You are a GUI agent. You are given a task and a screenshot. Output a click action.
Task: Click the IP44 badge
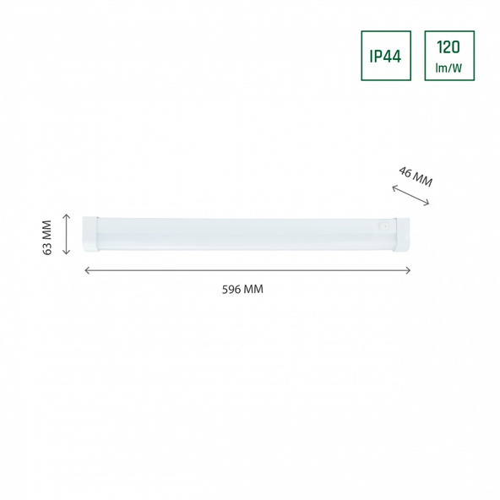(x=386, y=56)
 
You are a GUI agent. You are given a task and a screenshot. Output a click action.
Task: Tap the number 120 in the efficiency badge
(x=449, y=47)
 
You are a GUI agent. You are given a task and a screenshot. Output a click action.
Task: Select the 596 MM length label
(x=242, y=289)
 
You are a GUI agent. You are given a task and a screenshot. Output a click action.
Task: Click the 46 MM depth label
(x=415, y=177)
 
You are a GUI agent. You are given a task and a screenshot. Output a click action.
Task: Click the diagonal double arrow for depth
(x=411, y=196)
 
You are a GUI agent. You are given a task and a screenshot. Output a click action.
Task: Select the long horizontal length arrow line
(x=247, y=270)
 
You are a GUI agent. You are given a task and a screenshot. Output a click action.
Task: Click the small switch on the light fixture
(x=385, y=226)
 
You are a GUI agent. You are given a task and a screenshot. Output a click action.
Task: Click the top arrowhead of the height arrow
(x=67, y=215)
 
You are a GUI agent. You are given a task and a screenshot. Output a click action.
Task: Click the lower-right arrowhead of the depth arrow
(x=427, y=204)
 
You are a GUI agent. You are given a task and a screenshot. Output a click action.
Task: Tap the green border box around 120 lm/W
(x=426, y=56)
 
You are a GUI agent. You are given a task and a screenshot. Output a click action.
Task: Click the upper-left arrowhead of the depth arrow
(x=395, y=188)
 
